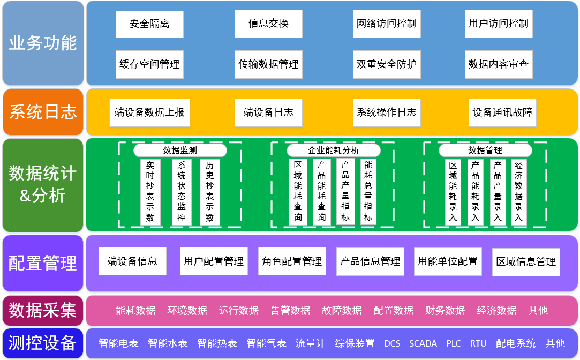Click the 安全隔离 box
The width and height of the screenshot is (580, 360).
[149, 24]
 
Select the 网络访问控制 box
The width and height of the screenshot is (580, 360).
[387, 24]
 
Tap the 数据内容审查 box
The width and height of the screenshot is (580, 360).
[499, 64]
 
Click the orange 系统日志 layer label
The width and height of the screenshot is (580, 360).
[43, 111]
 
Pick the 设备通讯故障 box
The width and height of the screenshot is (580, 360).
[502, 112]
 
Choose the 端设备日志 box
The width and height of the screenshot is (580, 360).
[268, 112]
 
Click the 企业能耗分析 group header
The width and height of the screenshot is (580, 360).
[333, 151]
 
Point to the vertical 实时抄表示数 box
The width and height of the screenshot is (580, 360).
[150, 192]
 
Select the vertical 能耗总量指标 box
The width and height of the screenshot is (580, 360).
[368, 192]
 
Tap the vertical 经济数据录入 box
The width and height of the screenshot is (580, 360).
[518, 192]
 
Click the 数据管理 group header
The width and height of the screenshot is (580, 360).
[485, 151]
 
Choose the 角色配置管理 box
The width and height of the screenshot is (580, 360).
[292, 261]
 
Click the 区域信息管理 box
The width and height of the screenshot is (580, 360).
[526, 262]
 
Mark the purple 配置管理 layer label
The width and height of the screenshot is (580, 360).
[43, 263]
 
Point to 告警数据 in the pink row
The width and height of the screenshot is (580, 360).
[290, 311]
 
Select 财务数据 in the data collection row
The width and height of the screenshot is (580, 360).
[445, 311]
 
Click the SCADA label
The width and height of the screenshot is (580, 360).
[423, 343]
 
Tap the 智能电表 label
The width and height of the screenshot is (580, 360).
[119, 343]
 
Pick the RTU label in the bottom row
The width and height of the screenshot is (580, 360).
[478, 343]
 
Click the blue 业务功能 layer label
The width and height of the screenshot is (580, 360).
[43, 43]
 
